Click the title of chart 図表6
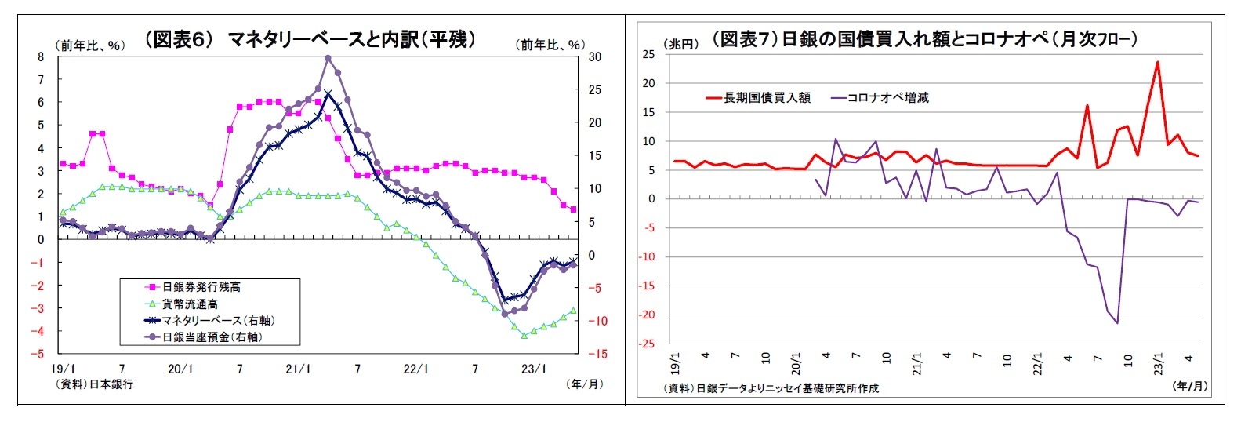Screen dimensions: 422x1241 click(x=310, y=39)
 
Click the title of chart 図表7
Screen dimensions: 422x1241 click(x=924, y=39)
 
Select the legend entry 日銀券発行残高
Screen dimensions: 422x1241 click(x=201, y=287)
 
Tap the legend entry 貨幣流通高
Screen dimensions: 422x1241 click(x=191, y=304)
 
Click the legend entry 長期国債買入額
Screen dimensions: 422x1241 click(x=766, y=98)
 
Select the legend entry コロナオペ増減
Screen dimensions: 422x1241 click(x=887, y=98)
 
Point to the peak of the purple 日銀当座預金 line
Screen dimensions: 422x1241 click(x=328, y=57)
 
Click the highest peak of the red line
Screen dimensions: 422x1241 click(x=1157, y=63)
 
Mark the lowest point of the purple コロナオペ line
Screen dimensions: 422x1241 click(x=1117, y=322)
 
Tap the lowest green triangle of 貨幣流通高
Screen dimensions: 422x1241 click(x=524, y=335)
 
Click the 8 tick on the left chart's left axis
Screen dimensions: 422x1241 click(x=41, y=56)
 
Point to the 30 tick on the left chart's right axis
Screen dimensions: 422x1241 click(x=595, y=56)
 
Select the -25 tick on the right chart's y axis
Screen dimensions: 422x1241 click(x=648, y=344)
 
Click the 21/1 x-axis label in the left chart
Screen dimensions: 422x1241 click(x=298, y=369)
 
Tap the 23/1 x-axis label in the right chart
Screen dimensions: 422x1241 click(x=1159, y=364)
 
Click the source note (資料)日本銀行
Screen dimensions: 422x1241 click(x=94, y=384)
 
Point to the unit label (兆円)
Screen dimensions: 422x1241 click(x=681, y=45)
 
